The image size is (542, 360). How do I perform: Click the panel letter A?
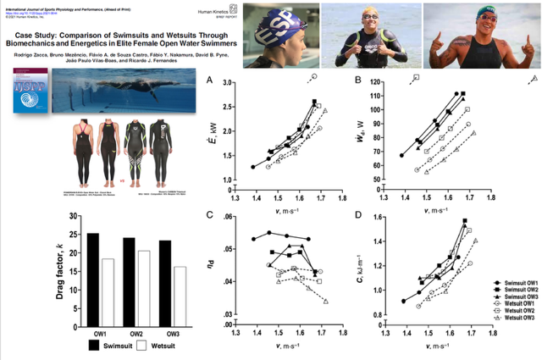point(210,80)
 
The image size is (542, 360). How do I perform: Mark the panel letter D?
point(360,215)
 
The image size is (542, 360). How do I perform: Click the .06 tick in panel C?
point(226,218)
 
